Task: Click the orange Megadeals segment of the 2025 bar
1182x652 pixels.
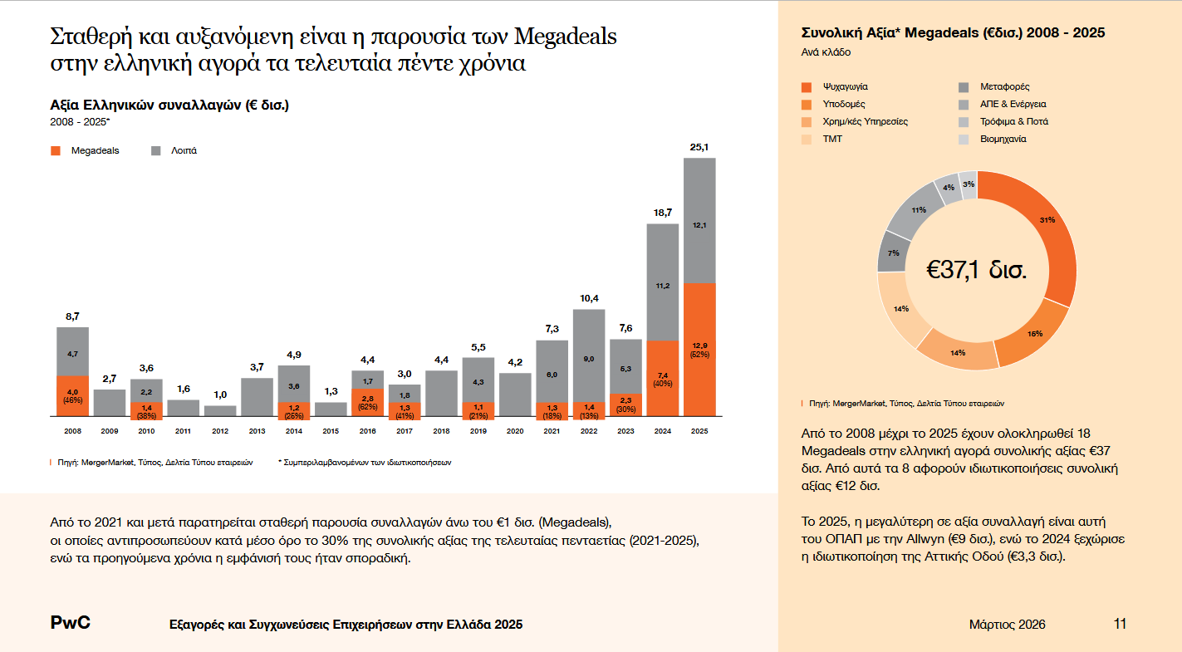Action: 699,349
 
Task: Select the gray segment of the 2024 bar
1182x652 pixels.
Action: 663,282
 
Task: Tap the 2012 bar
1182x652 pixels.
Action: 220,410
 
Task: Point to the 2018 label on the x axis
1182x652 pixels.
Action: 441,431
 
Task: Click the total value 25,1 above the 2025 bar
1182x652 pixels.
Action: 699,147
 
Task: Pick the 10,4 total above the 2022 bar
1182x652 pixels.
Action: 588,298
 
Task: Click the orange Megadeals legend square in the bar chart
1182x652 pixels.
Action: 56,151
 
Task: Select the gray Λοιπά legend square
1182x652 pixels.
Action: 156,151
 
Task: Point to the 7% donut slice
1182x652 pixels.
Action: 893,252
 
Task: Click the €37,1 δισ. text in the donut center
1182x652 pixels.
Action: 977,270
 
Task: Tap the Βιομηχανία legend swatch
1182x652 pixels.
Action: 964,139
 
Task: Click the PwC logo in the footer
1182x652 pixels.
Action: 71,624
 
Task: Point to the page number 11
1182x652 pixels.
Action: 1120,625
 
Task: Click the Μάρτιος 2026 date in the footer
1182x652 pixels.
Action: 1007,625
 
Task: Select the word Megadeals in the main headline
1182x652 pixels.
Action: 566,37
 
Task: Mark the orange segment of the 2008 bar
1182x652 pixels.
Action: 72,396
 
